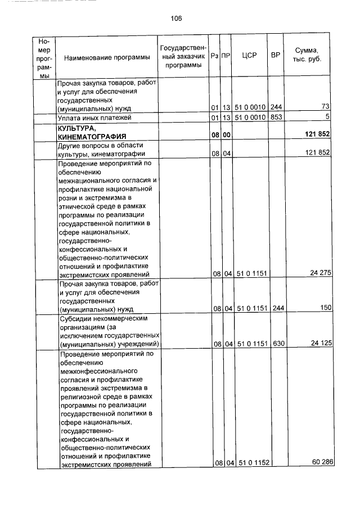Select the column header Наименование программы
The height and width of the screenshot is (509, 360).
pos(107,57)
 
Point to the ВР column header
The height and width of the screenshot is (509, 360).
pos(276,55)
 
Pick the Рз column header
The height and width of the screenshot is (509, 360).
pos(214,56)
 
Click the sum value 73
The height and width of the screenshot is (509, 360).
pos(325,107)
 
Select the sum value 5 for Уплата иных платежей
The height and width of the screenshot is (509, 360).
pos(326,117)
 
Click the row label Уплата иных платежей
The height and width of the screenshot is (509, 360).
pos(94,118)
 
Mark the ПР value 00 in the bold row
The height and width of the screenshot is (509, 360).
pos(226,136)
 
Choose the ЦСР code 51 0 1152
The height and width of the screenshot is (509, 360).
pos(251,463)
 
